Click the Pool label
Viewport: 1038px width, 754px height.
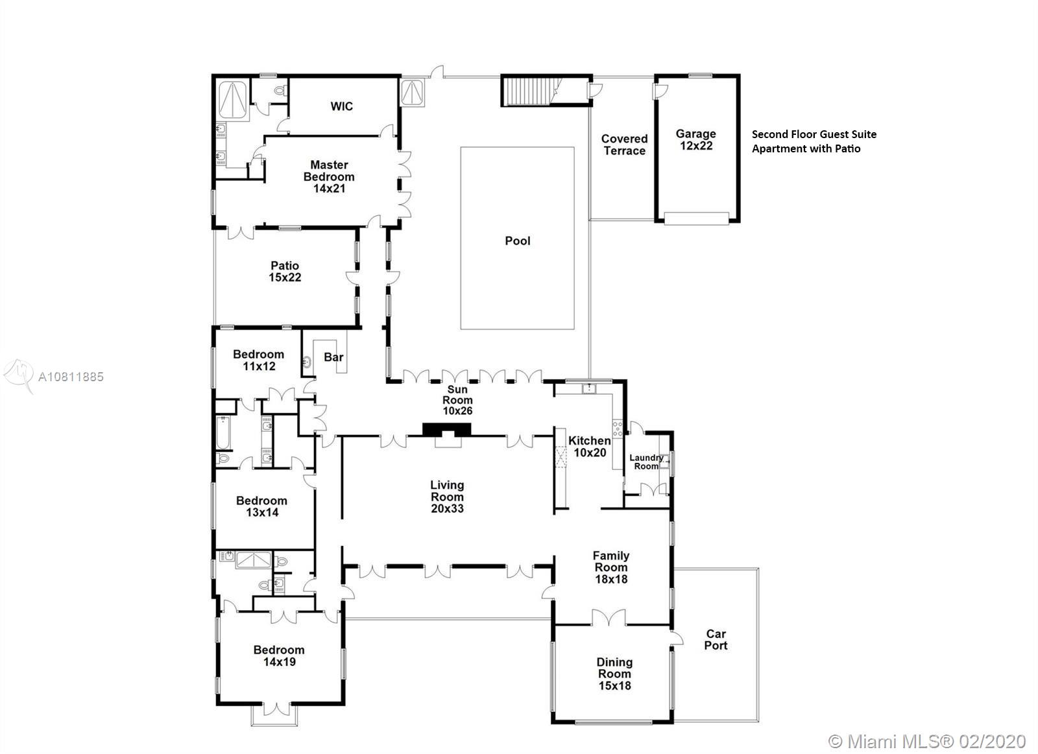(518, 241)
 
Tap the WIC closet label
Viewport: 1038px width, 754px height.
(341, 106)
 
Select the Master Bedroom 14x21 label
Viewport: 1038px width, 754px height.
(329, 176)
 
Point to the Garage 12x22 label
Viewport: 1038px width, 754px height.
(695, 139)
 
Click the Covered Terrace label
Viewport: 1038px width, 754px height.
(624, 145)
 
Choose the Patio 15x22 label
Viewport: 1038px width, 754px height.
(285, 272)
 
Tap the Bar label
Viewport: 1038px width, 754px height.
(333, 357)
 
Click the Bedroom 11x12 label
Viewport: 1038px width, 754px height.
(259, 360)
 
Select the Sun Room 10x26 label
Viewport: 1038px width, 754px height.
(457, 400)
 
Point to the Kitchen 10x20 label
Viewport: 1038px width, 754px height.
(590, 447)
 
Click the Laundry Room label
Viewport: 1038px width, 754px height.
(646, 462)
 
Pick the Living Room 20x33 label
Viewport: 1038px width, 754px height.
(447, 497)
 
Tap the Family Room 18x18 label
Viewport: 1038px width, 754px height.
(611, 567)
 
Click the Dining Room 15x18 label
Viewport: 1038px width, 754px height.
(614, 674)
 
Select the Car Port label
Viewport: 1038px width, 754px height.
(716, 640)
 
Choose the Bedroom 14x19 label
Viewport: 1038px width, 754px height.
(279, 656)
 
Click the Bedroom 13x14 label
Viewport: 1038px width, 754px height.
(262, 506)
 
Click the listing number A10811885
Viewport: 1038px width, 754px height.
(71, 377)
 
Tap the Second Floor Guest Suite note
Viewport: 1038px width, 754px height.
(814, 141)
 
